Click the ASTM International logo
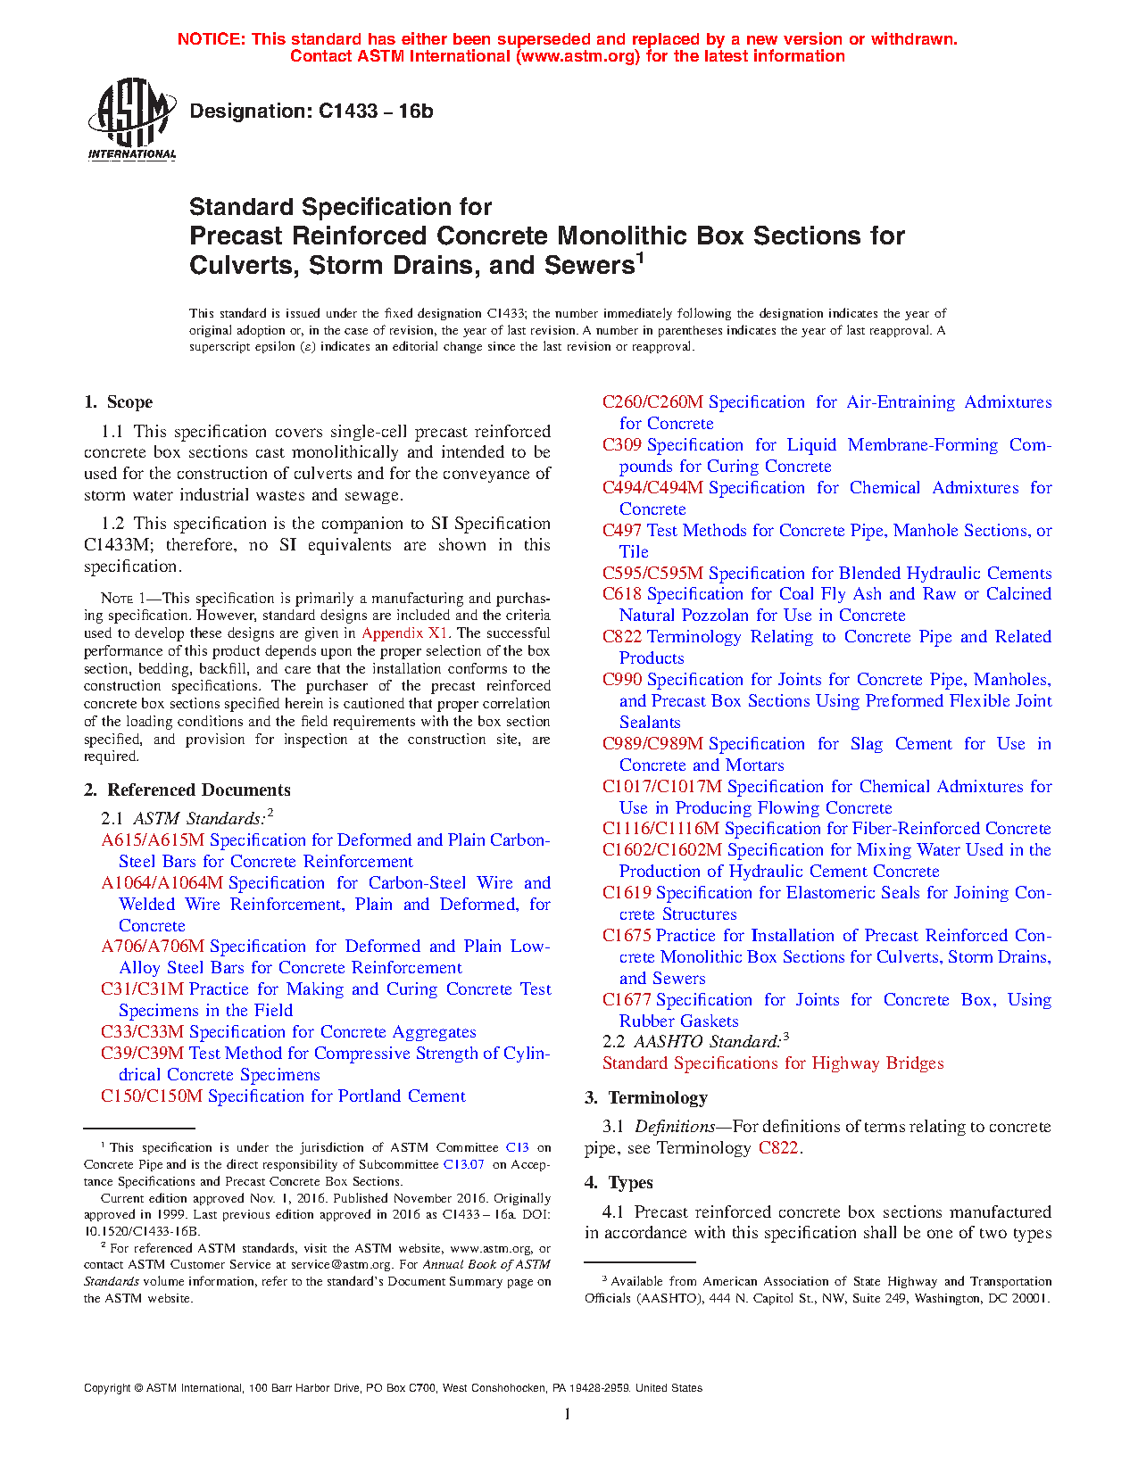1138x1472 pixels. click(132, 119)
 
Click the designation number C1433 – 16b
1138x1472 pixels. click(375, 112)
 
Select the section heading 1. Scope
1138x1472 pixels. click(118, 402)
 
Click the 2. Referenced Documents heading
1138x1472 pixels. click(187, 790)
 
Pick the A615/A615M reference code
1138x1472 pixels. click(153, 840)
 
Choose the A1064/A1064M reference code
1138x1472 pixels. click(162, 883)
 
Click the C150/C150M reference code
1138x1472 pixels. click(152, 1096)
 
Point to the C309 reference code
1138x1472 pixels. click(622, 445)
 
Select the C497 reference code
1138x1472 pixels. click(622, 531)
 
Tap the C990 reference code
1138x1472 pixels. click(622, 680)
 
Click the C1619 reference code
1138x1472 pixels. click(627, 893)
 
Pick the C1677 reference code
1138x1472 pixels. click(627, 1000)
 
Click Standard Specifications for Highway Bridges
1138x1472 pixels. click(773, 1063)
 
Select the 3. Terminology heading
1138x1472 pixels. click(646, 1098)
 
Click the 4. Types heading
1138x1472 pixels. click(619, 1183)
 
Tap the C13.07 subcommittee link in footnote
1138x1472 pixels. click(463, 1164)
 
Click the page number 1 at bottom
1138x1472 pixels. click(568, 1413)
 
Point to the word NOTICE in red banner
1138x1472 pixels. click(212, 39)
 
